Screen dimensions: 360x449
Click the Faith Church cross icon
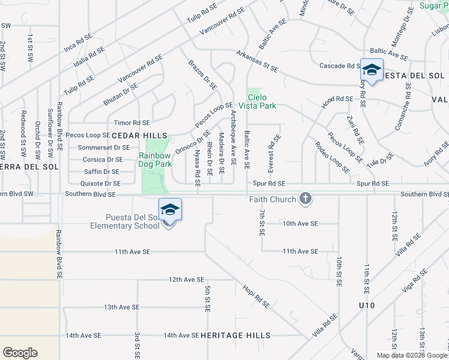pos(306,199)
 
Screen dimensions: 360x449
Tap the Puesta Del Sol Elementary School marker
pos(170,211)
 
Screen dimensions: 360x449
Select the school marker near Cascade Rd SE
pos(372,71)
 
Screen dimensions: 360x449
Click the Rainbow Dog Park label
pos(155,159)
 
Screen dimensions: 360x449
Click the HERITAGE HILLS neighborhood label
pos(235,335)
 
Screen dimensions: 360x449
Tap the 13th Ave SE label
pos(121,307)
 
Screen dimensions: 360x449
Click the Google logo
pos(20,353)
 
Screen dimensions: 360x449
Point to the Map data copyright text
pos(412,355)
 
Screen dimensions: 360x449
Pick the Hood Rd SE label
pos(337,99)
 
